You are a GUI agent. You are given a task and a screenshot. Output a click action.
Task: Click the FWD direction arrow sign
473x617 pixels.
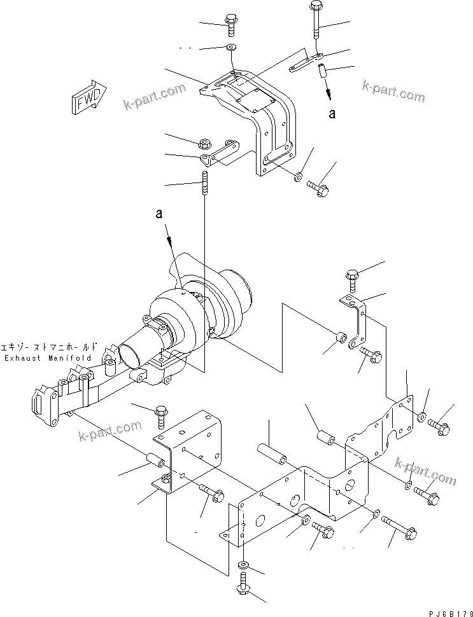[x=85, y=97]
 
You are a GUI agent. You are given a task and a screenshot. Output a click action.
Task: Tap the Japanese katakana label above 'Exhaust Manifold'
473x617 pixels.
[x=50, y=347]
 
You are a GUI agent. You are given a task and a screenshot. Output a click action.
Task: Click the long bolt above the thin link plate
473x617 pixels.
[x=316, y=22]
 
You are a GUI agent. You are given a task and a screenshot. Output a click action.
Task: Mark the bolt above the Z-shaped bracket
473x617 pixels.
[x=353, y=278]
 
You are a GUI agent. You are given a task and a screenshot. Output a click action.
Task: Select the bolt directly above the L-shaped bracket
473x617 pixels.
[x=159, y=415]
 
